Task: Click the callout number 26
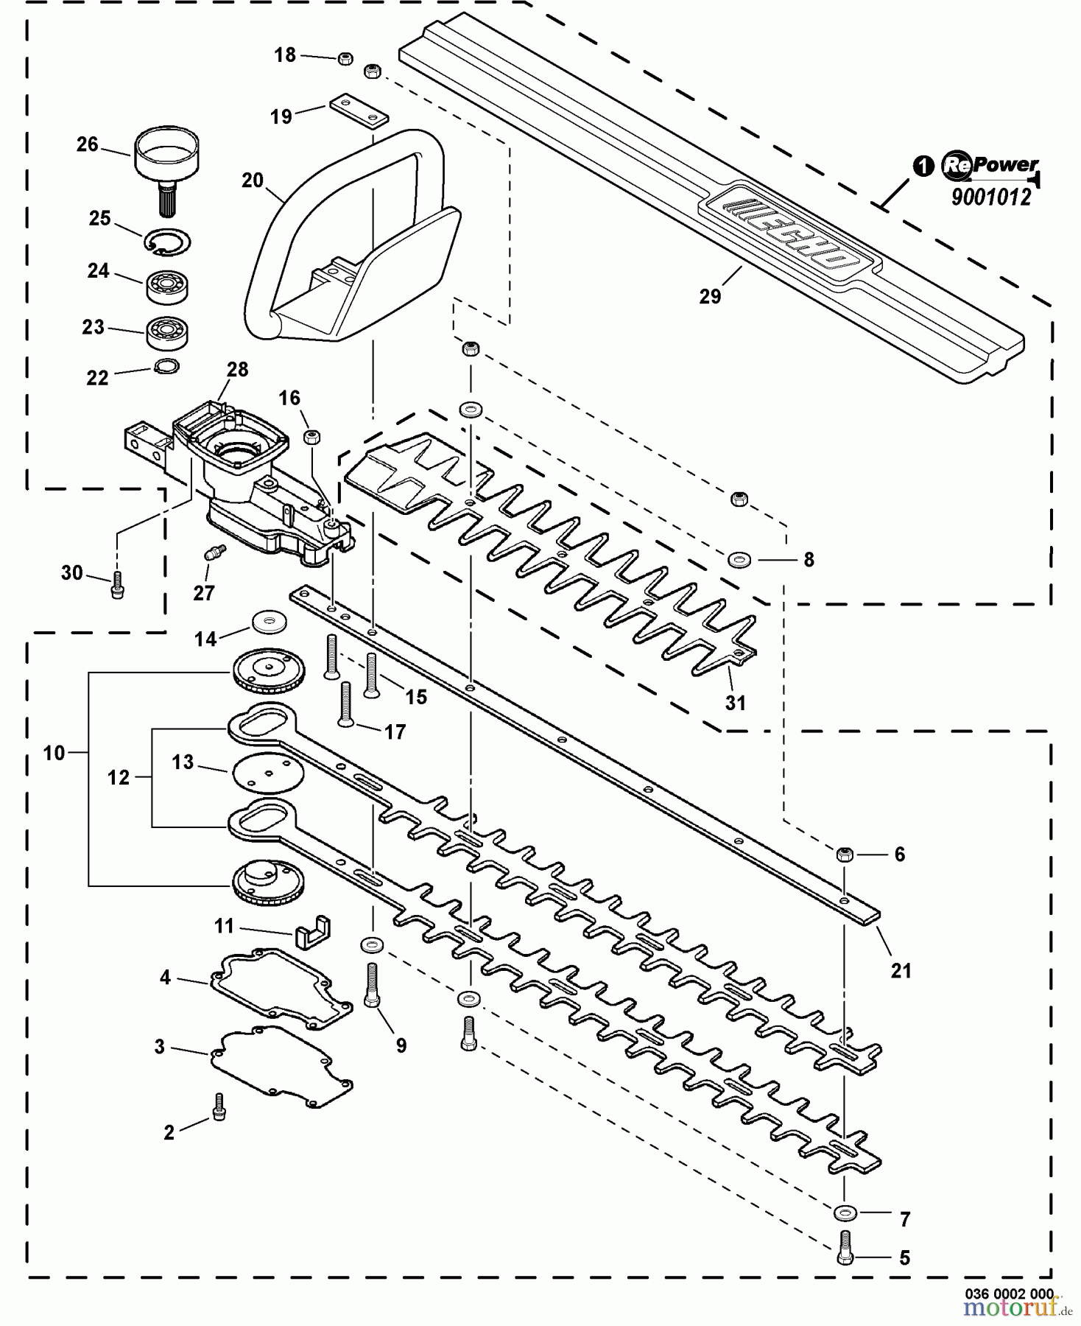click(87, 144)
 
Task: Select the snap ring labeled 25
click(169, 242)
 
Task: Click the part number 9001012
click(991, 197)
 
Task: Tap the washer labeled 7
click(845, 1211)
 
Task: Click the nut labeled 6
click(845, 855)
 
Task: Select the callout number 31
click(736, 703)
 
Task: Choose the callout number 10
click(54, 753)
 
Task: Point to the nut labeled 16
click(313, 436)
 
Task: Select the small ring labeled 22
click(167, 365)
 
